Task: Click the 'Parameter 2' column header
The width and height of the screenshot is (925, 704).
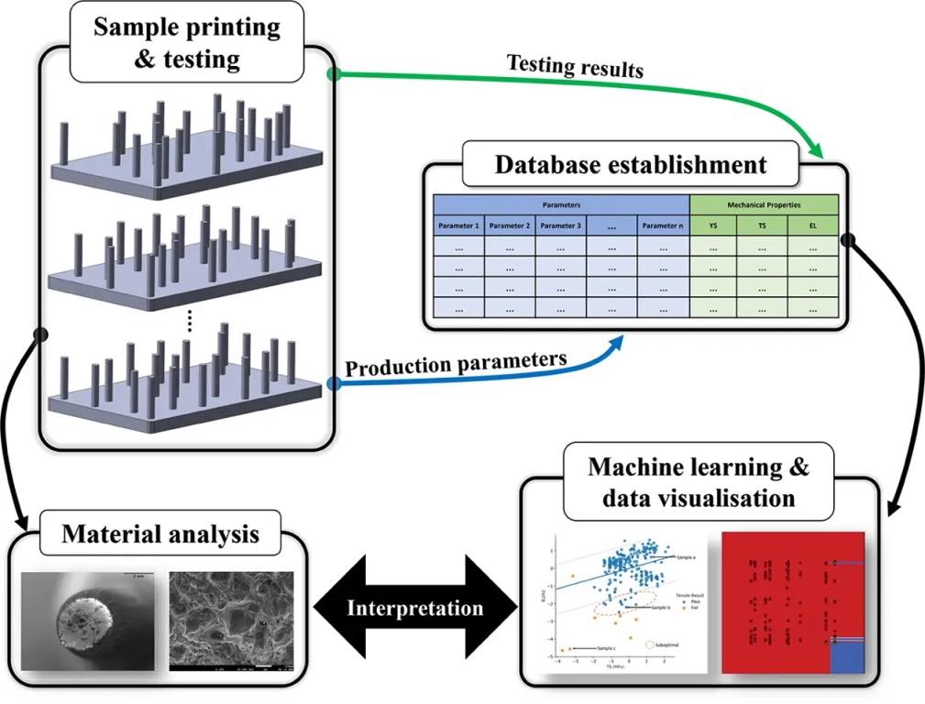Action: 509,225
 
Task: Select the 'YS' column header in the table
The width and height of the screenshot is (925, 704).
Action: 712,225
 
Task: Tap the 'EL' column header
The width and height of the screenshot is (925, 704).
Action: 813,225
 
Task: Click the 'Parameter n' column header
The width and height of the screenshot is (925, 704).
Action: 663,225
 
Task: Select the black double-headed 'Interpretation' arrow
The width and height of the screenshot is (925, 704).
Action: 414,608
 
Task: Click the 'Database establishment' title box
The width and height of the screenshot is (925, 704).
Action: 631,165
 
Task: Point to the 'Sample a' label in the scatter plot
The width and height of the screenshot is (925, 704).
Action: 689,556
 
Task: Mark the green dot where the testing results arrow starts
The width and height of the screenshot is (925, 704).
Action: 334,73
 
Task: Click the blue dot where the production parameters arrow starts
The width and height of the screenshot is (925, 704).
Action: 334,384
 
